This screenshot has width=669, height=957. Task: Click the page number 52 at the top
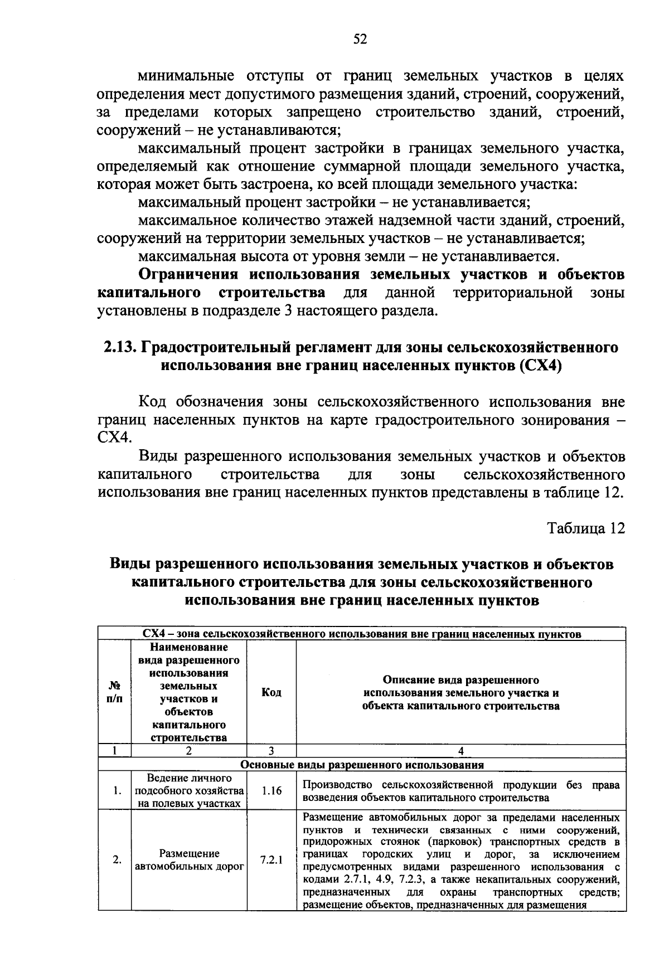coord(360,39)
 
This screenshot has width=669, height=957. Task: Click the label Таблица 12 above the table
coord(585,528)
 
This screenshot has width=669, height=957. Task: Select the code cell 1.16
coord(271,790)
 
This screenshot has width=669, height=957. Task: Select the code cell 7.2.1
coord(271,859)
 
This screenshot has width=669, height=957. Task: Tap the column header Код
coord(271,692)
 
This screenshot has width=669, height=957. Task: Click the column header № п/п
coord(114,692)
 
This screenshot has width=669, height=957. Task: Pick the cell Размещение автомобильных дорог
coord(189,859)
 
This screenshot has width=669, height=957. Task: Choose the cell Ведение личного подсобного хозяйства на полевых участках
coord(189,790)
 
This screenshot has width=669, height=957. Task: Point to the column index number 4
coord(460,751)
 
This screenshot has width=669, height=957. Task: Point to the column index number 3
coord(271,751)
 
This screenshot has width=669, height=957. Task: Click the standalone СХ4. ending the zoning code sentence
coord(114,438)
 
